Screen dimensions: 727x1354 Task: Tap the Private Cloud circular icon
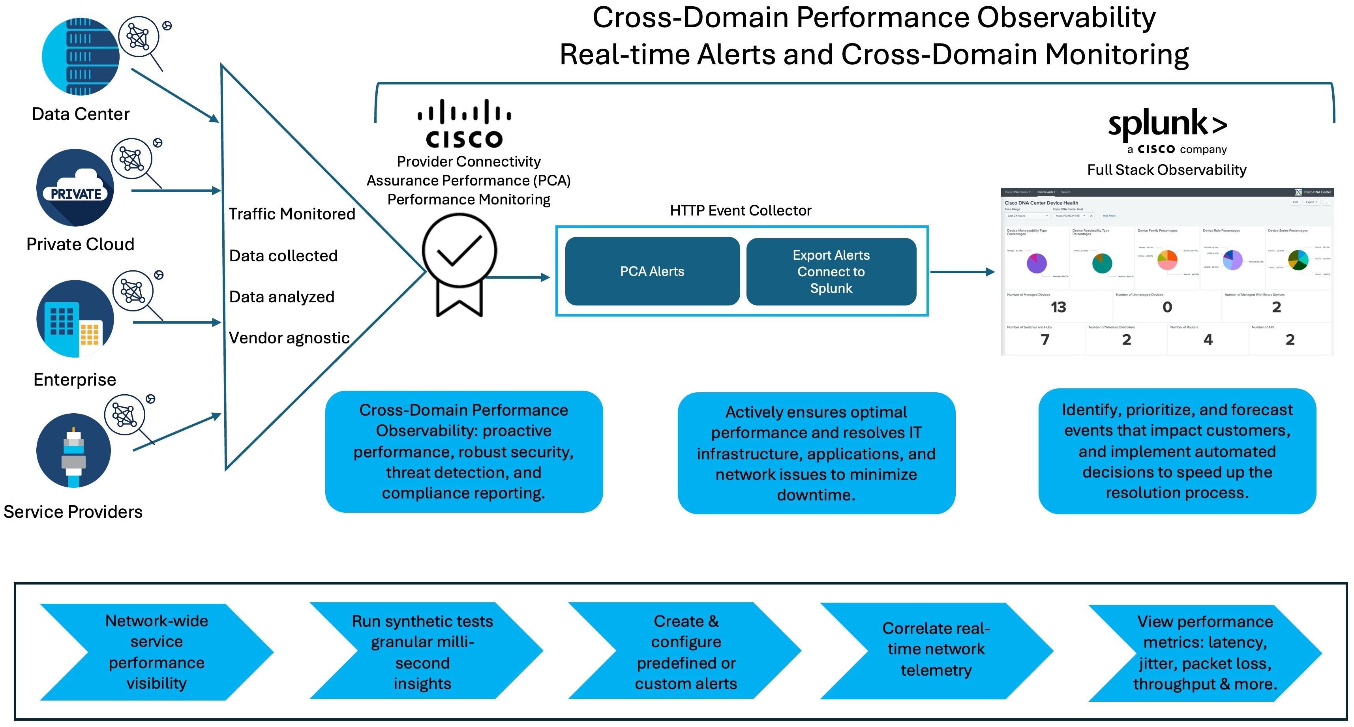[75, 187]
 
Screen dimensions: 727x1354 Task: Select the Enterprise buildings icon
[75, 319]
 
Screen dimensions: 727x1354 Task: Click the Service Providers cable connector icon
[73, 451]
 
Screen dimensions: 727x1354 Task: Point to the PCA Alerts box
[652, 271]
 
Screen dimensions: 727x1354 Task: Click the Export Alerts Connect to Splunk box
[831, 271]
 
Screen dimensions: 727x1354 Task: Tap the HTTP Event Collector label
[740, 211]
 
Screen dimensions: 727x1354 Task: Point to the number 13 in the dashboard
[1058, 307]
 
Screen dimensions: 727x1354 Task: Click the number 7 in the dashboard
[1045, 339]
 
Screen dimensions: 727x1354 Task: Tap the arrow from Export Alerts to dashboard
[962, 272]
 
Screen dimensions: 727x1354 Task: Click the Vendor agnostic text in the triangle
[289, 338]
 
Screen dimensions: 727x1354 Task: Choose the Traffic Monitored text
[292, 214]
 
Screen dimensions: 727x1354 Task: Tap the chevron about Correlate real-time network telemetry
[936, 650]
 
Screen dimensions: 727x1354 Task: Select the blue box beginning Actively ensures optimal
[816, 453]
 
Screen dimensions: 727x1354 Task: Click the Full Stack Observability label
[1166, 170]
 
